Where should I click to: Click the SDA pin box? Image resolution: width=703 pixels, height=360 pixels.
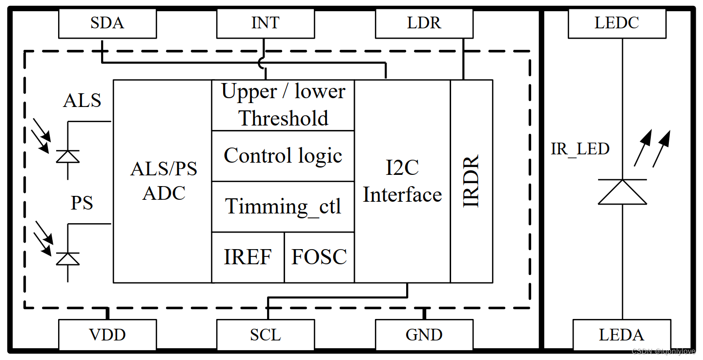(x=107, y=23)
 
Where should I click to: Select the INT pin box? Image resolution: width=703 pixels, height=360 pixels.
(x=265, y=23)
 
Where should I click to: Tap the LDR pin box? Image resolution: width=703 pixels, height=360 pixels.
(x=424, y=23)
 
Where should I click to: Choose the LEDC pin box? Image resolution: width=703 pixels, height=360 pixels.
(x=617, y=23)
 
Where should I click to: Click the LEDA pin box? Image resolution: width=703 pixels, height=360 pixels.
(x=621, y=335)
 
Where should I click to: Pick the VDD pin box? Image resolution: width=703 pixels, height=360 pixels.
(x=107, y=335)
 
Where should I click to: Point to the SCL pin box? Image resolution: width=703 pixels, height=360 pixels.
(x=265, y=335)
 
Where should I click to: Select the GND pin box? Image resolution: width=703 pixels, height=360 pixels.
(x=424, y=335)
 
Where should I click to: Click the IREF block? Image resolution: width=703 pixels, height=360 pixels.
(x=248, y=257)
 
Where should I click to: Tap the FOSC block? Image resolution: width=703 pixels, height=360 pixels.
(x=319, y=257)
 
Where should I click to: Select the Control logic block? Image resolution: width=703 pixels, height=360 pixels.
(x=283, y=156)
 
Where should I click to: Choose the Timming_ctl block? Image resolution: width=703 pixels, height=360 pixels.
(x=283, y=207)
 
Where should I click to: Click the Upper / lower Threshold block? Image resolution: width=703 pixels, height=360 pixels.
(x=283, y=105)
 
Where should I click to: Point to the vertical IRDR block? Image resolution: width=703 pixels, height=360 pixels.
(x=471, y=181)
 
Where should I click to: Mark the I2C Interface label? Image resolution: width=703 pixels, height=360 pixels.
(x=402, y=181)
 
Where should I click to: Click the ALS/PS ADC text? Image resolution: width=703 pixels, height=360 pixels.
(x=164, y=181)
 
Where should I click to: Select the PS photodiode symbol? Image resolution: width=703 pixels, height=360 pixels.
(x=67, y=258)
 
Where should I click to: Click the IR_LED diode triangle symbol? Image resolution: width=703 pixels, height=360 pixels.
(x=622, y=192)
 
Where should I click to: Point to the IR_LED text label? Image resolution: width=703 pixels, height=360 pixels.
(x=580, y=149)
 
